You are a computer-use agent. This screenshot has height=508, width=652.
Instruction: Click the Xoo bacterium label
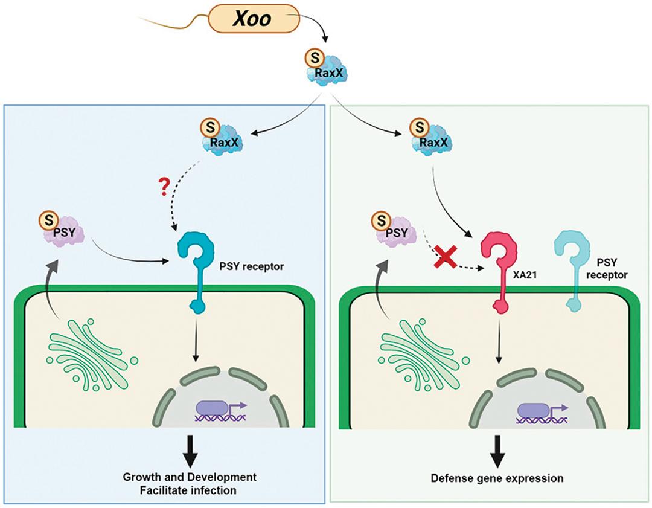coord(253,19)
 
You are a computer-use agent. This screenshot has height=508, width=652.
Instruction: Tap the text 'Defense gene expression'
coord(497,478)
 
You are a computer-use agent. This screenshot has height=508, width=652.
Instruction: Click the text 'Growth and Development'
coord(190,477)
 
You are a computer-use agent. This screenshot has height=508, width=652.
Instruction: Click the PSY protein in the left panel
coord(62,231)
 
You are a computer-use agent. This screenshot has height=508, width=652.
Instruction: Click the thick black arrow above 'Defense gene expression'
coord(497,452)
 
